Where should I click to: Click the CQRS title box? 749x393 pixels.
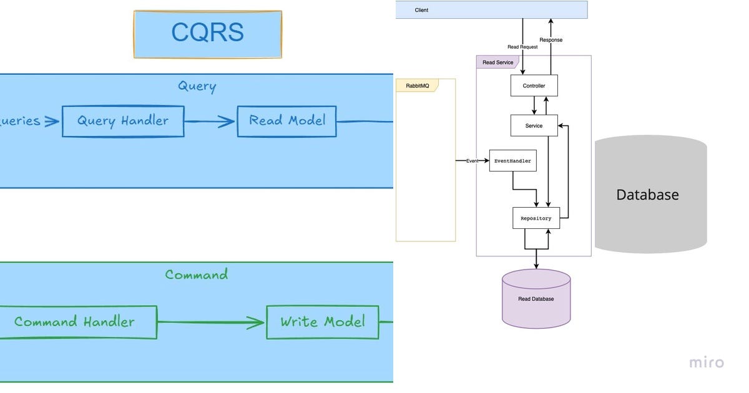tap(207, 34)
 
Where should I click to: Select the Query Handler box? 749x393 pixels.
tap(123, 121)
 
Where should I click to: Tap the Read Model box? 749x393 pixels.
tap(286, 121)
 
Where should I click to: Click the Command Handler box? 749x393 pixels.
tap(75, 322)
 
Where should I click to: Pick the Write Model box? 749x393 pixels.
tap(322, 322)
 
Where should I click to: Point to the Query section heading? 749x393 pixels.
tap(197, 86)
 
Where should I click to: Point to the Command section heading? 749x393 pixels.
tap(197, 274)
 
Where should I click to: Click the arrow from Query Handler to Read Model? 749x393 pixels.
tap(210, 122)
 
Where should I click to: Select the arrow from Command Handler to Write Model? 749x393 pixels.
tap(211, 323)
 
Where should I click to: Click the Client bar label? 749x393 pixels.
tap(422, 10)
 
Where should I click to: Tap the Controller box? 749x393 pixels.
tap(534, 85)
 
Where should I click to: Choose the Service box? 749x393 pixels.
tap(534, 125)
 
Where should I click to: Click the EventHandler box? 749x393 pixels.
tap(512, 161)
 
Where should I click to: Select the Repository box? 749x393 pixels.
tap(536, 218)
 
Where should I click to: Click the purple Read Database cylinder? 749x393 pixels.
tap(536, 299)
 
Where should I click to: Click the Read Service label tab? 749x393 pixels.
tap(497, 62)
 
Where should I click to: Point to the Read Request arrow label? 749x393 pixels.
tap(522, 47)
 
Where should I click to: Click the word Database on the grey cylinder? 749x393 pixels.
tap(647, 195)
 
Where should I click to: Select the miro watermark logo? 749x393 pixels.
tap(707, 362)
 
